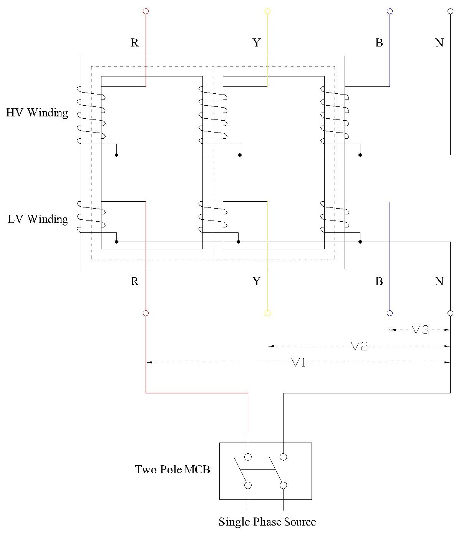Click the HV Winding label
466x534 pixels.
37,113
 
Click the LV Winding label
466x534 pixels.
38,219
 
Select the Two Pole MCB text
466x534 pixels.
172,469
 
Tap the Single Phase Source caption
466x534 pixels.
267,522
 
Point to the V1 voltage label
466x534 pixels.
299,362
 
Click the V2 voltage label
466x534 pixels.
359,346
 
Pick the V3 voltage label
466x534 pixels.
420,330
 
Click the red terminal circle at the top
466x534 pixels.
146,12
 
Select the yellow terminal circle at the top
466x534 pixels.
267,12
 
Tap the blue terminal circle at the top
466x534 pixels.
390,12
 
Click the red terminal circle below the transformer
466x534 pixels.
146,313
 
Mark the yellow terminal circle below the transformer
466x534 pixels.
267,313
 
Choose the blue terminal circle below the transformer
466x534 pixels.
390,313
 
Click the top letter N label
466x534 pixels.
439,43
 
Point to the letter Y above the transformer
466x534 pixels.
257,43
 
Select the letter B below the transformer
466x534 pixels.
379,282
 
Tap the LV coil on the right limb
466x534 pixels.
335,217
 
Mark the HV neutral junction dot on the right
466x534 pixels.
360,155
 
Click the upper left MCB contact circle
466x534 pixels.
248,457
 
